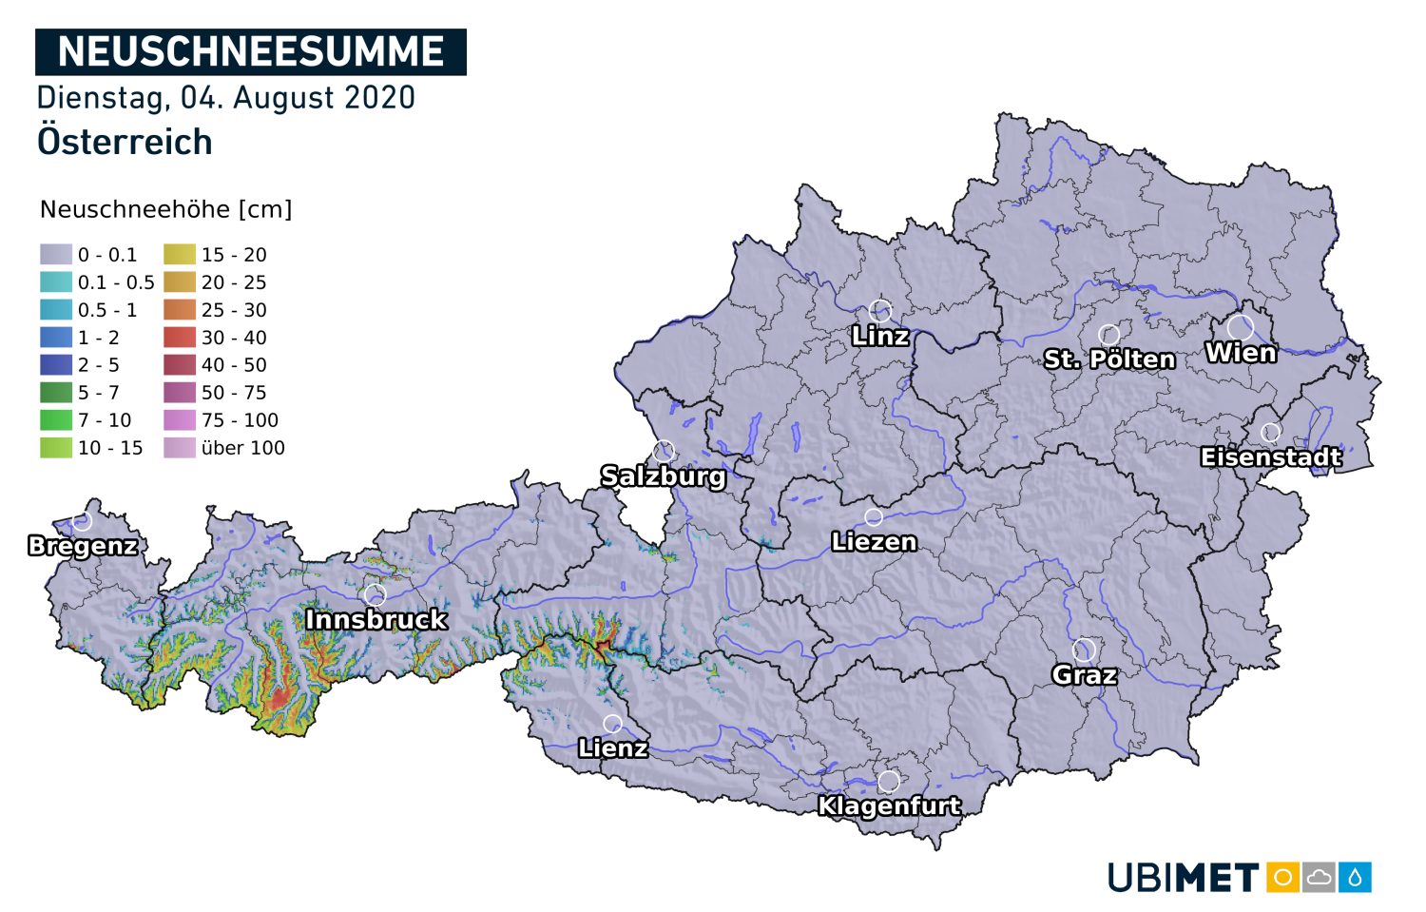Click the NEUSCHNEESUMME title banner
(250, 51)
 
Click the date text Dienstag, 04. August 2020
(225, 98)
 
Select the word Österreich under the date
(125, 143)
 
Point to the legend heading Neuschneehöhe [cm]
(165, 209)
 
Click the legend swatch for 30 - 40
(180, 338)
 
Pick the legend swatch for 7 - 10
(56, 420)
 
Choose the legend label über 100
(242, 448)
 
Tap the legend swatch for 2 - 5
(56, 365)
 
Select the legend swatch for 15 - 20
(180, 255)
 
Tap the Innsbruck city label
(376, 620)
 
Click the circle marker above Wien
(1240, 328)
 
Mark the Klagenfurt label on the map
(889, 806)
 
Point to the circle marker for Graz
(1084, 650)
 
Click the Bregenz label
(83, 546)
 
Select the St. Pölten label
(1109, 359)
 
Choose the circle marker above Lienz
(613, 725)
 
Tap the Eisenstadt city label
(1271, 457)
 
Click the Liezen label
(874, 542)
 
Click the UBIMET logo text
(1183, 878)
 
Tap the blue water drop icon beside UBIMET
(1355, 878)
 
